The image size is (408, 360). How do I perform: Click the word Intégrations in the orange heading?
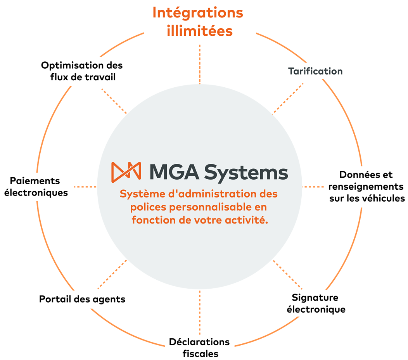pos(197,13)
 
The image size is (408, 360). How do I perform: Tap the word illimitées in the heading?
pos(199,31)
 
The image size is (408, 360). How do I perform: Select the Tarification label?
pos(315,71)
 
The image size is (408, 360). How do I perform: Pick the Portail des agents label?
pos(82,299)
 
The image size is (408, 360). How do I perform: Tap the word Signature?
pos(315,298)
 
